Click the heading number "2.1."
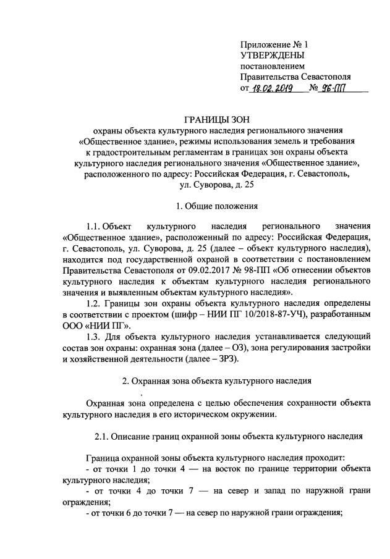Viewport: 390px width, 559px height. [x=104, y=437]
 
